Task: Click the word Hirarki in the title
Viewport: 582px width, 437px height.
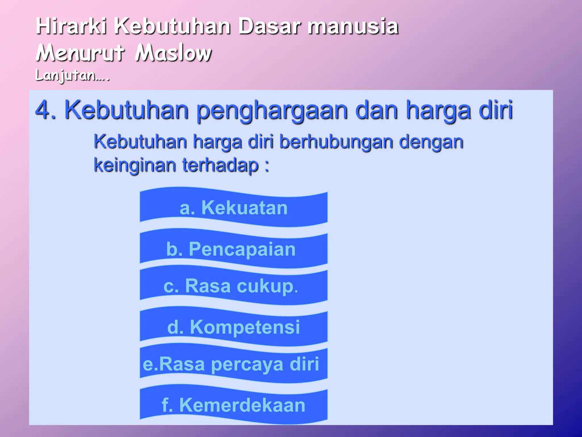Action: [x=71, y=26]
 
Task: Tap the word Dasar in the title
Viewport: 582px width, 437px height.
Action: [x=269, y=26]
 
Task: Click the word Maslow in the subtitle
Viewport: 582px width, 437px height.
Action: [x=173, y=53]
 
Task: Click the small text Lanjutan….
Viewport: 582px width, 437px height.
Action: [x=72, y=76]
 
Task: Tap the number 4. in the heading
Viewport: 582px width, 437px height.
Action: [x=45, y=110]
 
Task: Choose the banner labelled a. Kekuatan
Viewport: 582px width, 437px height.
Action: [x=234, y=207]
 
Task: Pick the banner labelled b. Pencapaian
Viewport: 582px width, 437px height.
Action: [x=234, y=249]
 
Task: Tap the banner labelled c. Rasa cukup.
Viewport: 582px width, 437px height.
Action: [x=234, y=286]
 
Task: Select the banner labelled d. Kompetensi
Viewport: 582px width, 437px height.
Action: [x=234, y=327]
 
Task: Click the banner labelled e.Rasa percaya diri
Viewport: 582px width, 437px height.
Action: [x=234, y=364]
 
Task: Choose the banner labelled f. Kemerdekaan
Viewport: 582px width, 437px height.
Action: [x=234, y=405]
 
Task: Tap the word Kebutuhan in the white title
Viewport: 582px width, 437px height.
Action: [x=172, y=26]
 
